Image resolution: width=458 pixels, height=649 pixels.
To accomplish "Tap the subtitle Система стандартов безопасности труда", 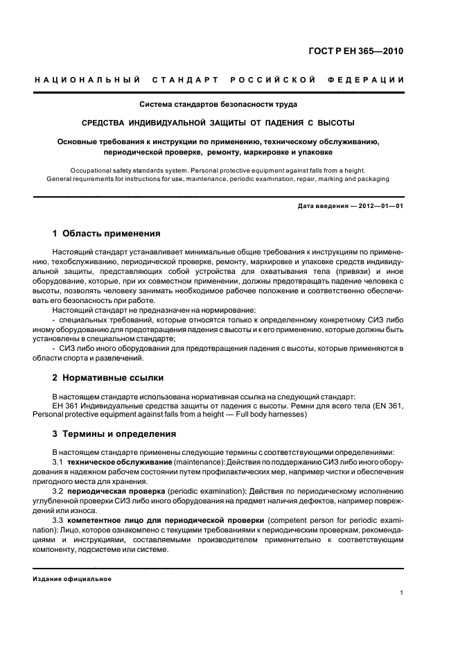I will (x=218, y=105).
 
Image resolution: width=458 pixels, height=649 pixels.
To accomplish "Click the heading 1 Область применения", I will (x=107, y=233).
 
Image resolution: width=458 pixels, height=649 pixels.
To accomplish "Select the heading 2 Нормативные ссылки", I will (x=108, y=378).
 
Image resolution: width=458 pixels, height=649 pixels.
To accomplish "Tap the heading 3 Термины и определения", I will (x=114, y=434).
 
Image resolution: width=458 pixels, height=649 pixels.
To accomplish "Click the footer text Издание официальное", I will (x=73, y=579).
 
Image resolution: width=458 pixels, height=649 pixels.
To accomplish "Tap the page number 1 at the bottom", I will (x=403, y=592).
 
